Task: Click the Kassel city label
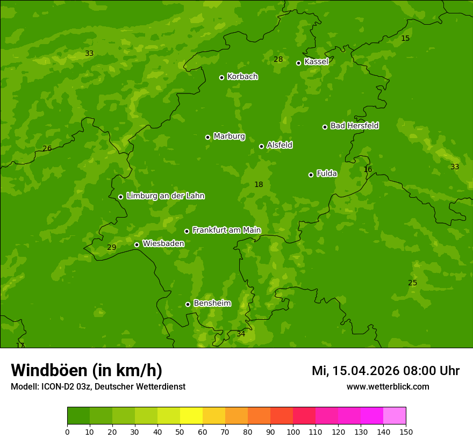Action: [316, 62]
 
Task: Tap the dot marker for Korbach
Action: [221, 77]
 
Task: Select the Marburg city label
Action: [229, 136]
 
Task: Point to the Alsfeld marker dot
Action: [261, 146]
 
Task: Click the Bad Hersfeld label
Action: [354, 126]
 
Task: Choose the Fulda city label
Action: [327, 174]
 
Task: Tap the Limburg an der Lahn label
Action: [165, 196]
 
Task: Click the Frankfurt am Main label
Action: [226, 231]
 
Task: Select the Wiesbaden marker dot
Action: [137, 244]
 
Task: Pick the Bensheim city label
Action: [212, 304]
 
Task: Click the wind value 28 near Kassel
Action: [278, 60]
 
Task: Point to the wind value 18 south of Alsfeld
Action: [259, 185]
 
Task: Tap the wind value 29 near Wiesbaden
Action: [111, 248]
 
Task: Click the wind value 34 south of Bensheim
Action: [241, 334]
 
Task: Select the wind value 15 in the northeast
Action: [405, 39]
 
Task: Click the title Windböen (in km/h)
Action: [87, 370]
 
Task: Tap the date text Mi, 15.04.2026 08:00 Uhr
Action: [385, 371]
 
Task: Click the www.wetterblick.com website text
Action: [388, 387]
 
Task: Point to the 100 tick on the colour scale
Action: [293, 431]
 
